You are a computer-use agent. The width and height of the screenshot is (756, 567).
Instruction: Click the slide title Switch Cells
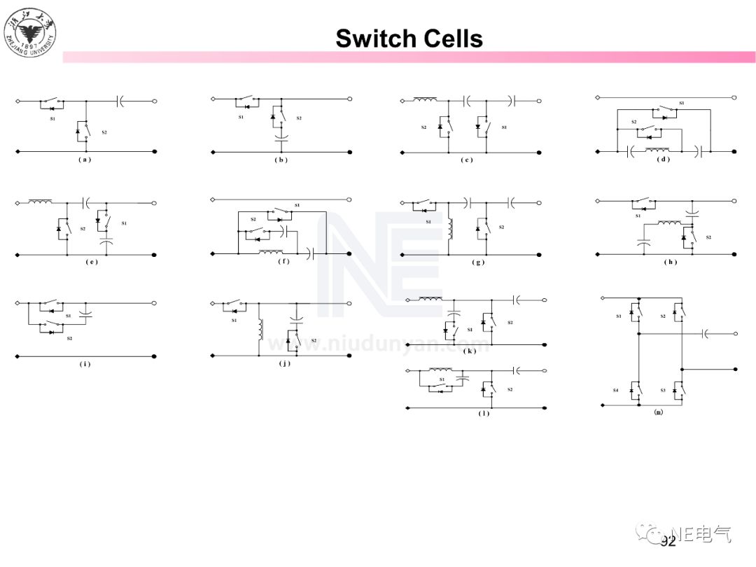[409, 38]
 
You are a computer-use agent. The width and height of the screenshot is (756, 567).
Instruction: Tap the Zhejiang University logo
[31, 31]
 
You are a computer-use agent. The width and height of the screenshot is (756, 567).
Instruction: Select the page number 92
[668, 541]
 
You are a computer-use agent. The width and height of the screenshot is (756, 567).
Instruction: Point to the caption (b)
[281, 160]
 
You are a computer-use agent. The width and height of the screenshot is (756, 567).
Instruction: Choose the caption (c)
[467, 160]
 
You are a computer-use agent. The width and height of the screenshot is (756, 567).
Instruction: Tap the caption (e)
[92, 262]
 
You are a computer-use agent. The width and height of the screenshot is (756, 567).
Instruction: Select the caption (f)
[283, 262]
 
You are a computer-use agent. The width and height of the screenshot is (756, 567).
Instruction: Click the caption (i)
[85, 364]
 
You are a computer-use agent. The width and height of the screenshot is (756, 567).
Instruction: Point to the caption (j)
[283, 363]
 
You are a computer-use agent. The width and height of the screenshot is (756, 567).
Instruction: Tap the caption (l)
[484, 413]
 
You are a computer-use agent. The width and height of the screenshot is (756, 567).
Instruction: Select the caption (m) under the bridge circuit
[658, 412]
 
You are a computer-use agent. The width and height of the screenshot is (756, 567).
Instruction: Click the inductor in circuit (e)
[41, 202]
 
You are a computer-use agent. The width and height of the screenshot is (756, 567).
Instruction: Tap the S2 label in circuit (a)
[104, 132]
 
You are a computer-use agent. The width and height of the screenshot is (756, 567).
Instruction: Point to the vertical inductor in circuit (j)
[261, 330]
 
